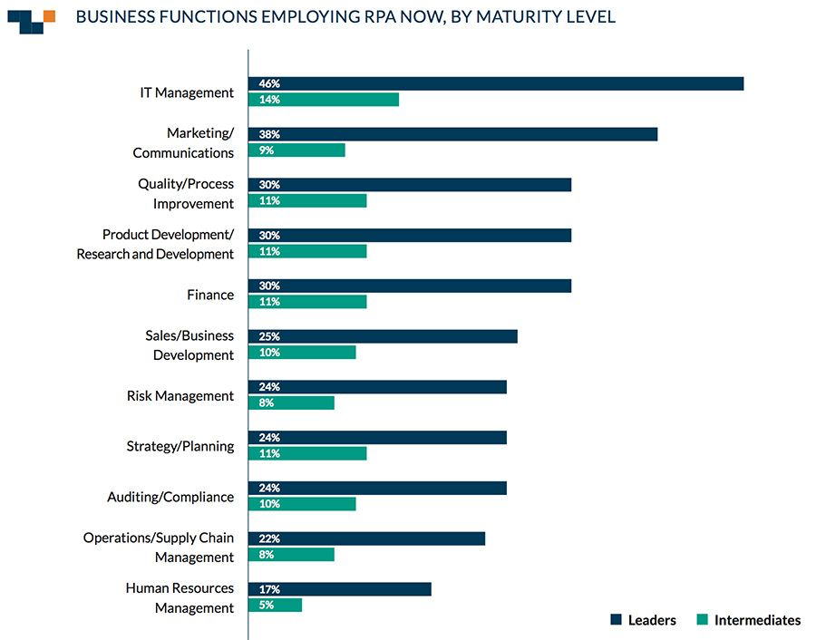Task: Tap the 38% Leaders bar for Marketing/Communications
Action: [x=452, y=134]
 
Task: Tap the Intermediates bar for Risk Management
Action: [x=291, y=403]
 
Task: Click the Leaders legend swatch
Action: [x=617, y=620]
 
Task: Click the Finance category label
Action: [x=210, y=295]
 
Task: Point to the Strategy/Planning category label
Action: [x=180, y=446]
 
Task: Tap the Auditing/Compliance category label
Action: [x=170, y=497]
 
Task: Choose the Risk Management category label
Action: [x=180, y=395]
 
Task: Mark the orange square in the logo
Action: [x=49, y=15]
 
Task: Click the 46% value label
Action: [x=269, y=83]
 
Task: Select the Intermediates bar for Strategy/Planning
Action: [x=307, y=453]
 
